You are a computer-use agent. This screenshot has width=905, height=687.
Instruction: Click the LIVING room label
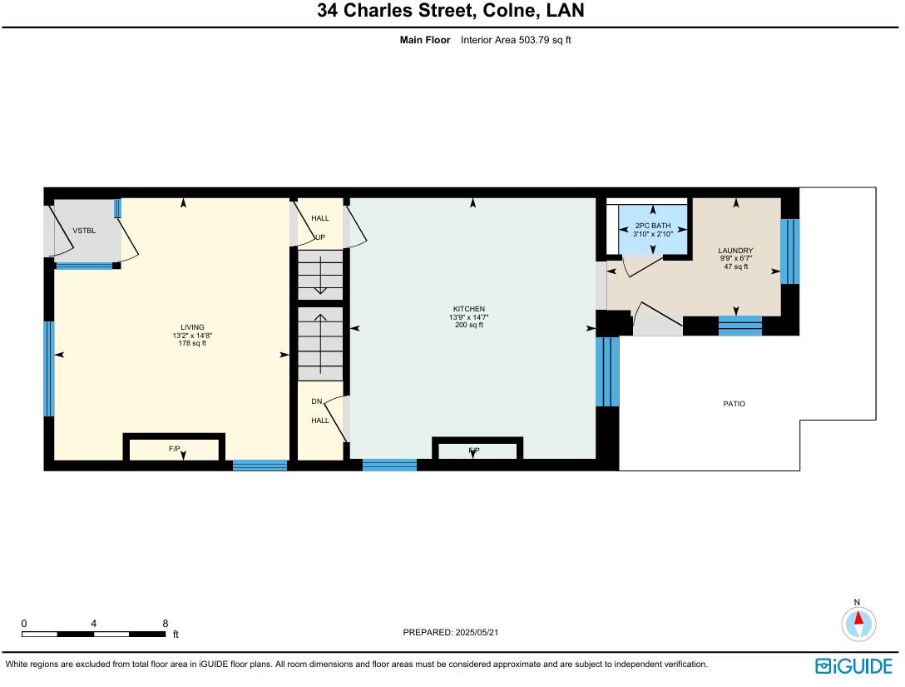[192, 327]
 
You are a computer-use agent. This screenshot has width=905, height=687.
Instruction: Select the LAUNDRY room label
[735, 251]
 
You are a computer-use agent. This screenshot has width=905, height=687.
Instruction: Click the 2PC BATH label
[653, 226]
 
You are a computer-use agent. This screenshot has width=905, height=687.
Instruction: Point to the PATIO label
[734, 404]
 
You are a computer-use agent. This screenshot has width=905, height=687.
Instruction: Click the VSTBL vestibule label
[83, 231]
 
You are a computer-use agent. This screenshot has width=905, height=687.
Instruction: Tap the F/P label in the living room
[175, 449]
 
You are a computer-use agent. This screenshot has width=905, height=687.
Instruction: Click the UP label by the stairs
[319, 237]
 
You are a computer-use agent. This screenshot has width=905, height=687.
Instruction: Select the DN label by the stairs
[316, 401]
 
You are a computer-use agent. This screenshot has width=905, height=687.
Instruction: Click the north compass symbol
[858, 623]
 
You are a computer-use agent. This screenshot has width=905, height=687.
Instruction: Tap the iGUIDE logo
[853, 665]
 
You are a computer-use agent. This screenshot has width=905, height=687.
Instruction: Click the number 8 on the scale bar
[166, 623]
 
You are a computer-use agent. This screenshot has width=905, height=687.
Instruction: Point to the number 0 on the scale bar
[24, 623]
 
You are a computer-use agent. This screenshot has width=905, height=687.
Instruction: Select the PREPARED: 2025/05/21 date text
[451, 633]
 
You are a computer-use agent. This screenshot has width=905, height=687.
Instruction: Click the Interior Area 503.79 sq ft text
[516, 40]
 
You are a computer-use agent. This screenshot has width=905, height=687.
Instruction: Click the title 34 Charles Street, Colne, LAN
[450, 11]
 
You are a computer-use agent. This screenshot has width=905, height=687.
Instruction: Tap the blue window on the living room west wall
[49, 368]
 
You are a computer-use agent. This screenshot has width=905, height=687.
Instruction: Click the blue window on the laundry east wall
[789, 251]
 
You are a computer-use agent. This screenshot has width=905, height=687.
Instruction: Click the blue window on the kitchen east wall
[608, 371]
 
